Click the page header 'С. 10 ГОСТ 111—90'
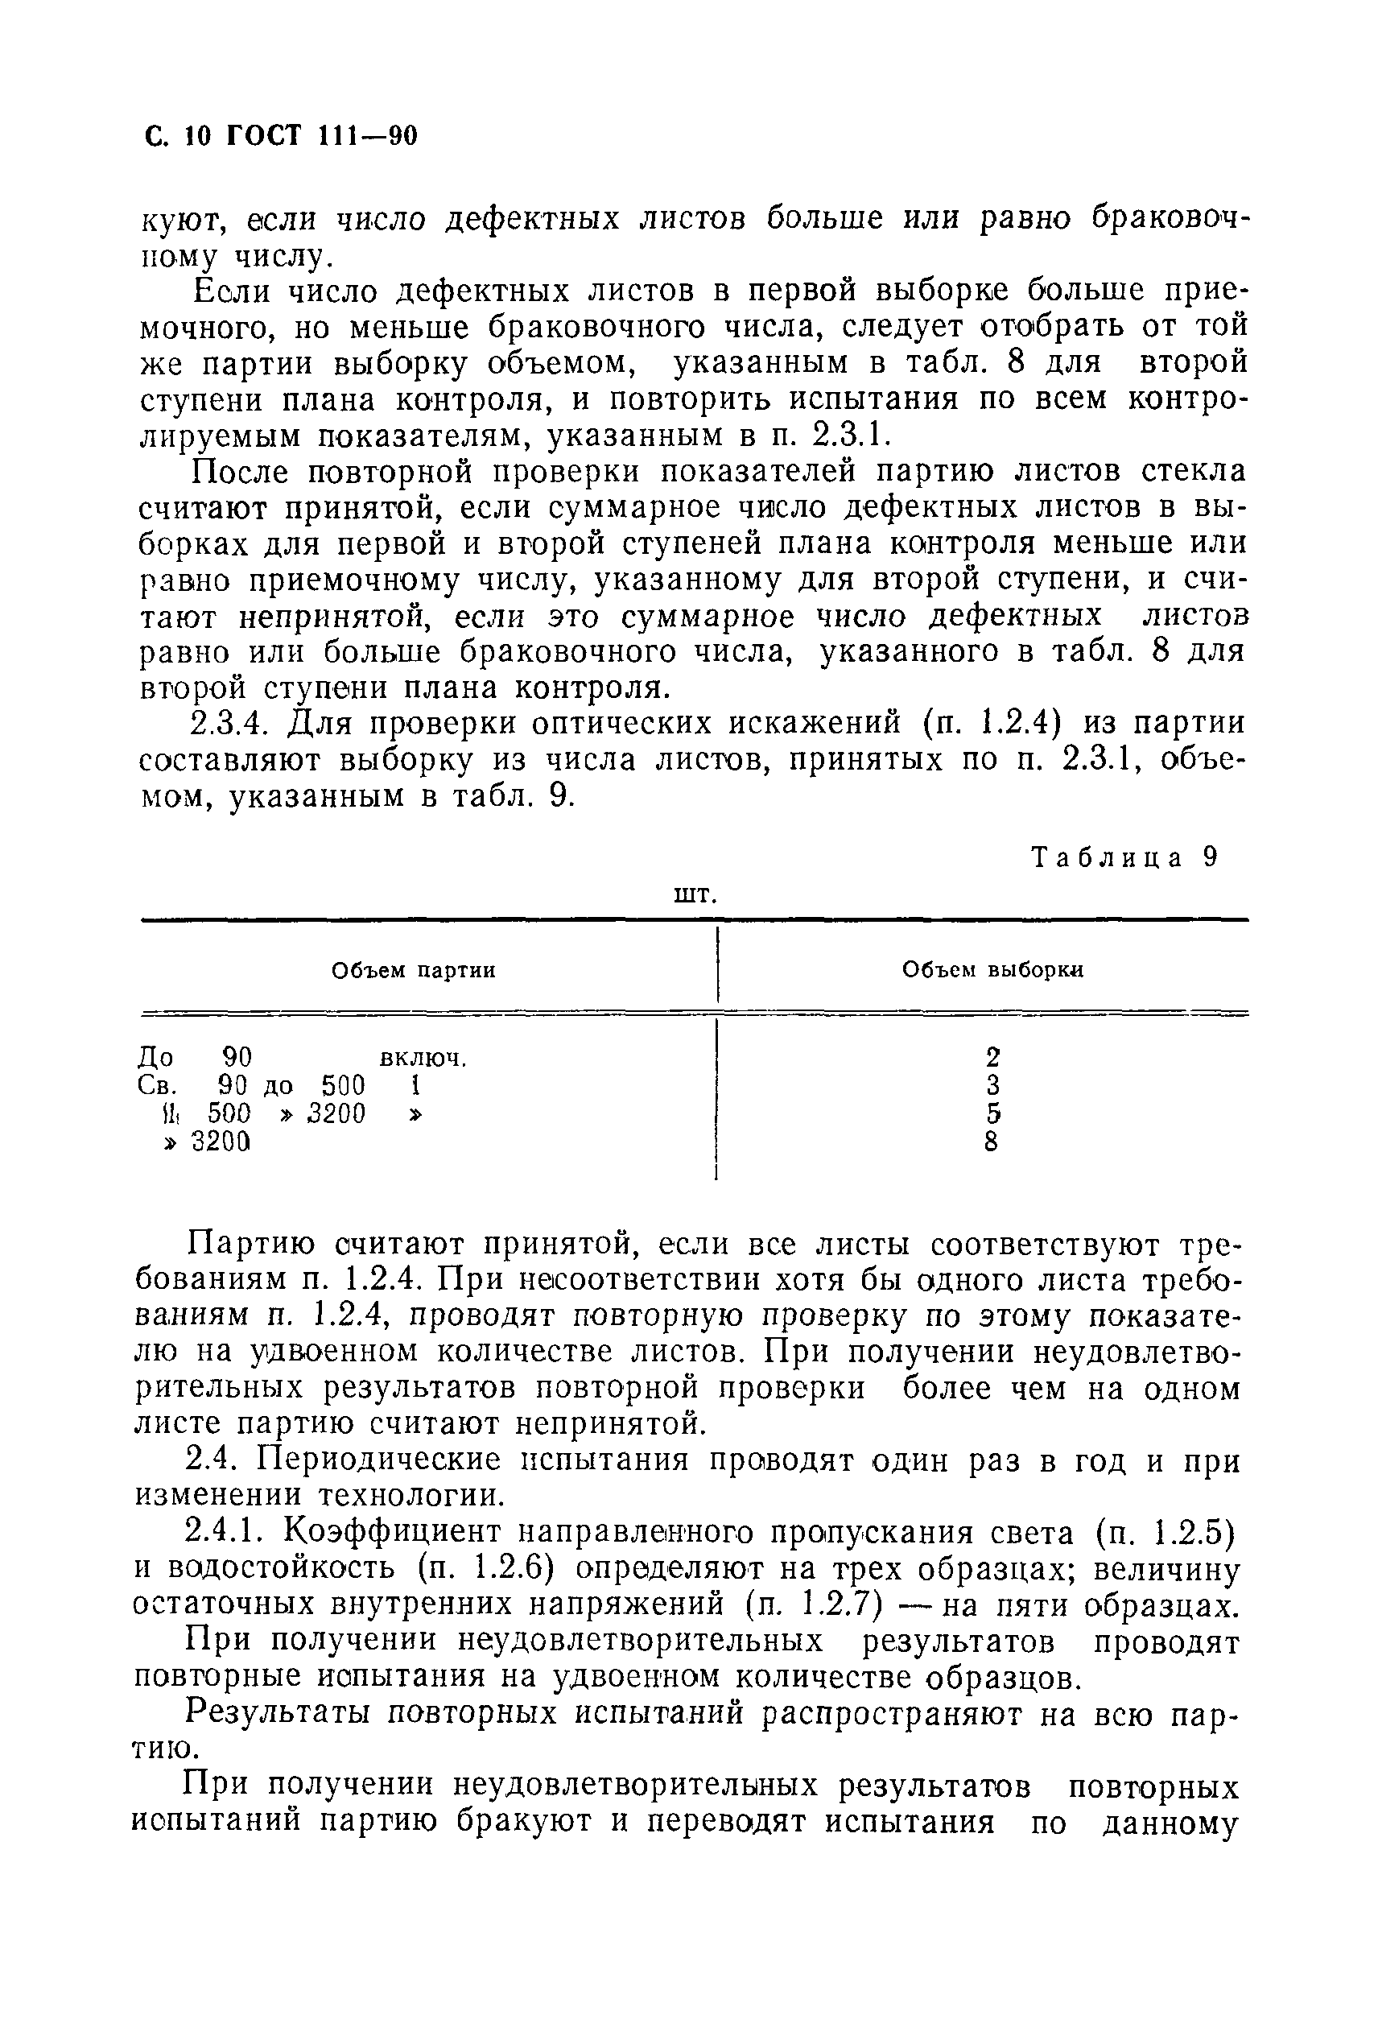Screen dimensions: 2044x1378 point(279,136)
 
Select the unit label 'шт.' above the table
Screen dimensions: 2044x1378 point(695,894)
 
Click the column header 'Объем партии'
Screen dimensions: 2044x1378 point(413,970)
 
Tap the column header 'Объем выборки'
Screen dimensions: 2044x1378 point(993,970)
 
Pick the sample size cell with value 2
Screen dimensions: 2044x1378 point(993,1055)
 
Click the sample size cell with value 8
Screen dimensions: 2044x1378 point(992,1142)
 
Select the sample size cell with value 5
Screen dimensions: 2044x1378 point(993,1113)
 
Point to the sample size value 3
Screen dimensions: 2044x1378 point(993,1084)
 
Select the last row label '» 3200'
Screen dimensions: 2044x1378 point(208,1142)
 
